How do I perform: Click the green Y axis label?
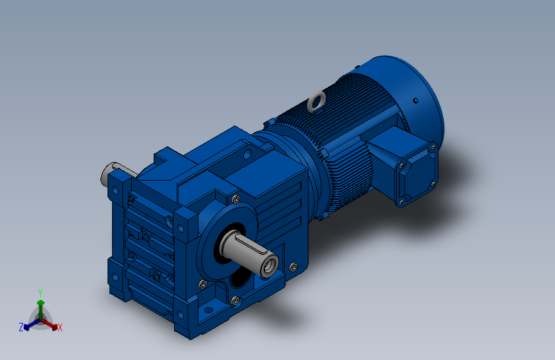tap(40, 293)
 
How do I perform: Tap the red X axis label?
tap(60, 328)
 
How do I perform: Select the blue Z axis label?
tap(21, 327)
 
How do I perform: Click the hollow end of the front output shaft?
tap(270, 266)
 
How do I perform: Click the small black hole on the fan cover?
tap(415, 101)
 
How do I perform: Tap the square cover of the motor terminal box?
tap(417, 174)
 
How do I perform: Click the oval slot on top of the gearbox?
tap(247, 154)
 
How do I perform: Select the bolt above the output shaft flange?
tap(236, 199)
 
